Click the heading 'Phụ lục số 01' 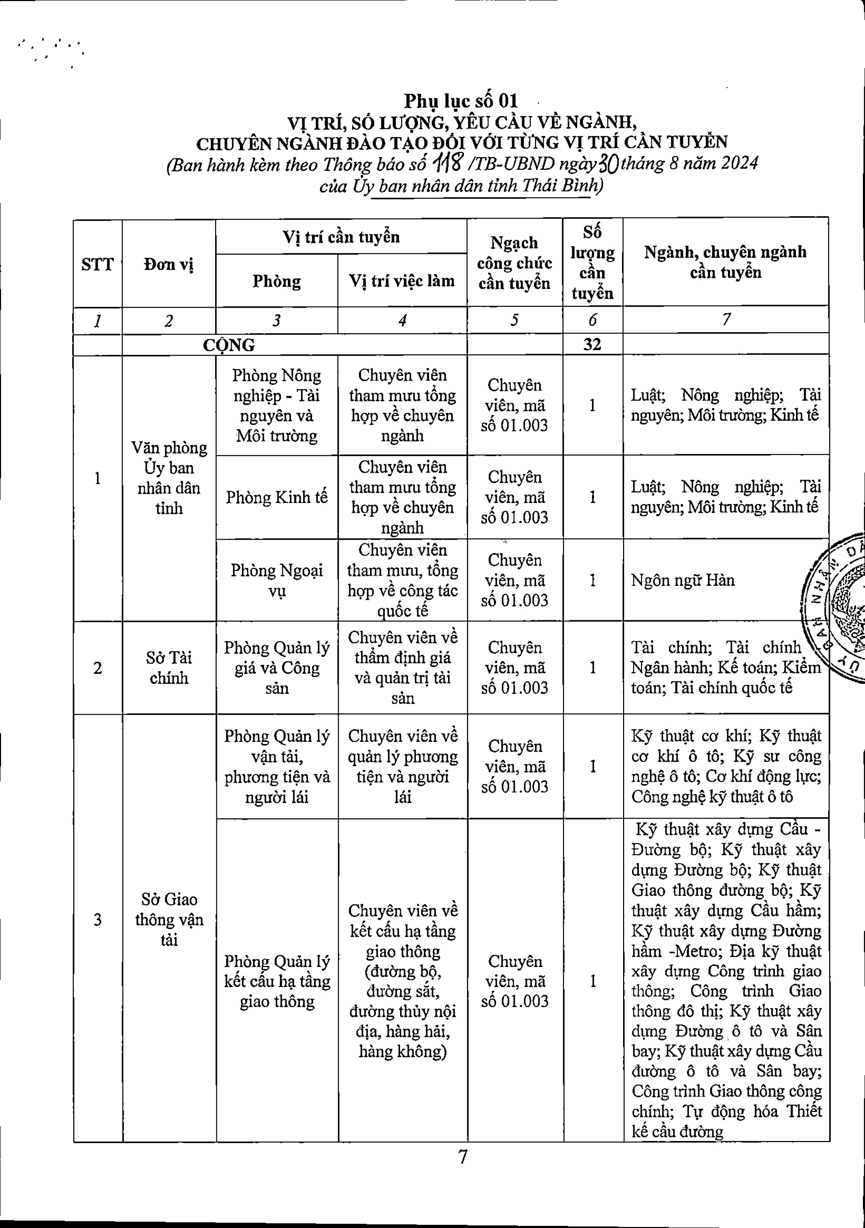pyautogui.click(x=461, y=101)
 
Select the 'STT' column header pyautogui.click(x=98, y=264)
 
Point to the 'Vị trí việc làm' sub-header pyautogui.click(x=402, y=281)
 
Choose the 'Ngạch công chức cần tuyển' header pyautogui.click(x=514, y=263)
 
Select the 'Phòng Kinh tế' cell pyautogui.click(x=276, y=497)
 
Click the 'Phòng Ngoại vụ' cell pyautogui.click(x=276, y=580)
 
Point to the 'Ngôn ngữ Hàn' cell pyautogui.click(x=683, y=580)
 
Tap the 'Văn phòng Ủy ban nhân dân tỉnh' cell pyautogui.click(x=169, y=478)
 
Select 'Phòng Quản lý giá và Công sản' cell pyautogui.click(x=276, y=667)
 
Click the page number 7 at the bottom pyautogui.click(x=463, y=1157)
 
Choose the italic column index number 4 pyautogui.click(x=402, y=320)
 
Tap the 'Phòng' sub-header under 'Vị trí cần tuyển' pyautogui.click(x=276, y=281)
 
